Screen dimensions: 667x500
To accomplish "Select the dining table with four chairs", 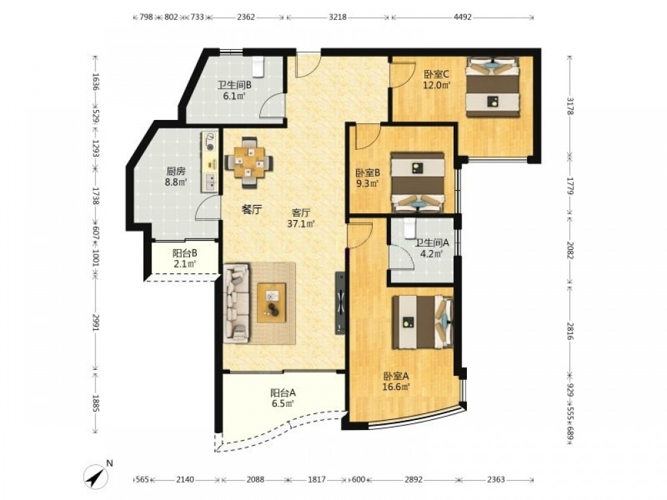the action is click(x=249, y=162).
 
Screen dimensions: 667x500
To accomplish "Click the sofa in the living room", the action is click(x=236, y=303).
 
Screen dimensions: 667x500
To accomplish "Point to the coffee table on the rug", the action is click(x=271, y=303).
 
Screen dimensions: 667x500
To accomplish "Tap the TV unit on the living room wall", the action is click(x=340, y=303).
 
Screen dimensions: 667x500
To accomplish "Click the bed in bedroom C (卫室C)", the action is click(x=493, y=87).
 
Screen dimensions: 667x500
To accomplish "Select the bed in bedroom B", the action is click(x=418, y=182).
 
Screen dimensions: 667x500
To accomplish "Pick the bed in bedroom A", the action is click(x=423, y=322).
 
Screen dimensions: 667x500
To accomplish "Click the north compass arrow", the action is click(x=96, y=475).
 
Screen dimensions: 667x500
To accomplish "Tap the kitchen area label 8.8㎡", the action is click(x=176, y=182).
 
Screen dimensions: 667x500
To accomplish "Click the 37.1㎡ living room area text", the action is click(x=301, y=223).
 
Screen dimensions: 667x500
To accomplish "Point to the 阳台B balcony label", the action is click(x=185, y=253).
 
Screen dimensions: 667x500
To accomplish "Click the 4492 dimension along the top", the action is click(x=462, y=17).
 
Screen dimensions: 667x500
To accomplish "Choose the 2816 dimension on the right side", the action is click(x=570, y=331).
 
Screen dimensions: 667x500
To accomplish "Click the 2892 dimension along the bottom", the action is click(x=414, y=479).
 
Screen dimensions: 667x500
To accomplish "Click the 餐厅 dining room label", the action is click(x=251, y=209).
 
